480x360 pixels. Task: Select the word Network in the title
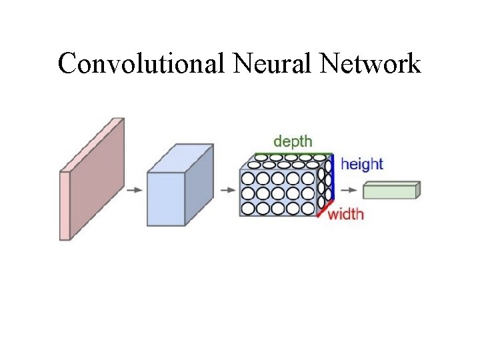tap(371, 64)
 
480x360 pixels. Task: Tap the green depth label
tap(292, 142)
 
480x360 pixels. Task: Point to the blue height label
tap(361, 164)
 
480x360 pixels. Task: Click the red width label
tap(346, 214)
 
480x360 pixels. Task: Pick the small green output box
tap(391, 191)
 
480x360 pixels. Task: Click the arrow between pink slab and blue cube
tap(134, 189)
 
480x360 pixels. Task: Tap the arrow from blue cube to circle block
tap(227, 190)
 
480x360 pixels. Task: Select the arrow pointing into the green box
tap(349, 190)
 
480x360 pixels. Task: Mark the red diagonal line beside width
tap(325, 210)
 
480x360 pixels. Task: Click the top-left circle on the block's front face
tap(248, 179)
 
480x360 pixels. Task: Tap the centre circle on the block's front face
tap(278, 194)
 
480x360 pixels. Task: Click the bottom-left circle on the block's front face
tap(248, 209)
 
